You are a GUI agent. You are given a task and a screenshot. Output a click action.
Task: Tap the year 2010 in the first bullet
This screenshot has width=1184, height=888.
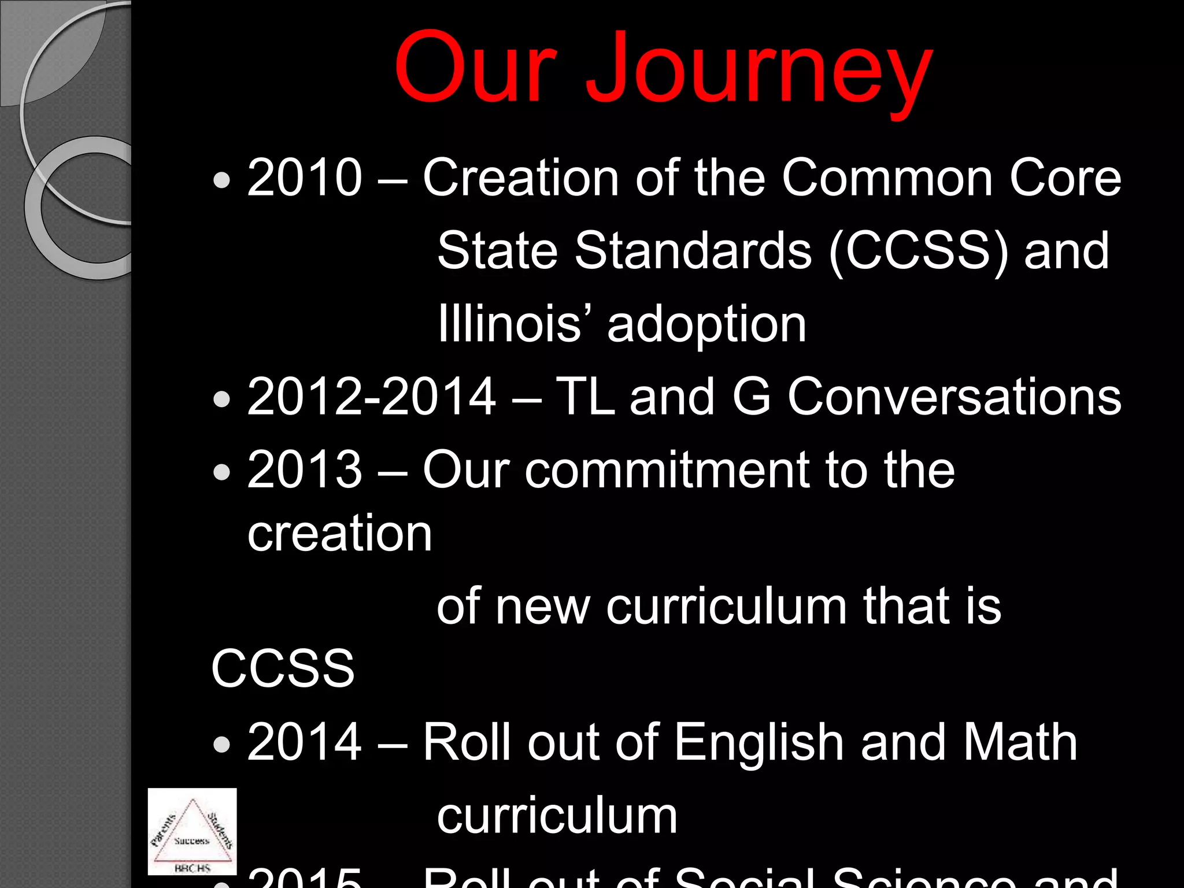point(305,177)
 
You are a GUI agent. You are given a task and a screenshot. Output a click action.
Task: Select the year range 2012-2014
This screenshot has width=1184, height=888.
point(371,397)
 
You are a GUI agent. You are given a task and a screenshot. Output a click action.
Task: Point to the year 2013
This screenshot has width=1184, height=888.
point(305,469)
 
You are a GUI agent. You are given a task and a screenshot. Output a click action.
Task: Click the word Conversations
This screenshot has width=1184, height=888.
point(954,397)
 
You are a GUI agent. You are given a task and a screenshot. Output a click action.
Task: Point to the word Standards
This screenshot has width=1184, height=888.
point(693,251)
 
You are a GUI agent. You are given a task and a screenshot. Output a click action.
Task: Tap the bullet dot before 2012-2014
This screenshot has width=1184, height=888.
point(221,399)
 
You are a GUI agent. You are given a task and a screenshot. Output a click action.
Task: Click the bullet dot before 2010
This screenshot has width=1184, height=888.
point(221,180)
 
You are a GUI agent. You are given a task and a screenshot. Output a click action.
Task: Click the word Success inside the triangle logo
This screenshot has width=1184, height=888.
point(191,841)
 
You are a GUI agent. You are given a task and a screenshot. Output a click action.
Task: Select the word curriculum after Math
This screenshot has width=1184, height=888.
point(557,815)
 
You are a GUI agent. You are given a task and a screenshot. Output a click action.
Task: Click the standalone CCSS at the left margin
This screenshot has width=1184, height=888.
point(283,668)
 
